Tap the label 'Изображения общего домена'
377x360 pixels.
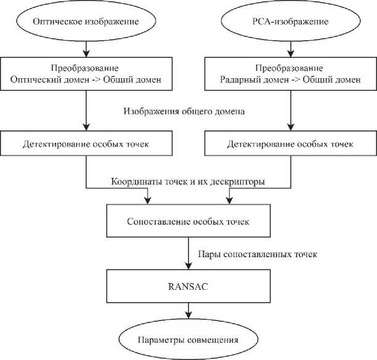point(184,111)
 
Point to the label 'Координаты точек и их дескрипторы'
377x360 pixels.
point(188,182)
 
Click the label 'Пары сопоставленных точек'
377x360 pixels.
point(257,254)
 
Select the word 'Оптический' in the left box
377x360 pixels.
point(36,80)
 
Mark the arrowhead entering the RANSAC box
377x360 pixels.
point(188,266)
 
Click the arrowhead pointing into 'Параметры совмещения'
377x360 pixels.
point(188,315)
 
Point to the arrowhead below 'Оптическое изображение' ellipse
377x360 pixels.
point(86,54)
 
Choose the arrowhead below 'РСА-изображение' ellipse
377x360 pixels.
point(291,54)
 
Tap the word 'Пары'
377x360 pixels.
point(209,254)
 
